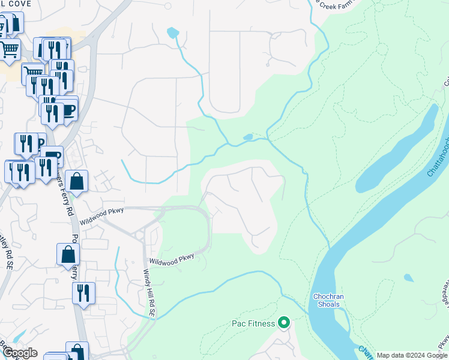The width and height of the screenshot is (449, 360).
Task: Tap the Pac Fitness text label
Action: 253,324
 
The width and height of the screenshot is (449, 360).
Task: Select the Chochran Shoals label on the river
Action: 327,300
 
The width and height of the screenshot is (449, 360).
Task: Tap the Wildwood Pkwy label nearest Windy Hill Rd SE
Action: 172,260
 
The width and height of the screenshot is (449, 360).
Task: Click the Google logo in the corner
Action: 20,353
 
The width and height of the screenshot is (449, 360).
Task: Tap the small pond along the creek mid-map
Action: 248,137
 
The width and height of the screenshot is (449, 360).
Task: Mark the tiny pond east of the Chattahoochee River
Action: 408,278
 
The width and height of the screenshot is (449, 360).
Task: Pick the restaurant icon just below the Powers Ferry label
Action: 83,293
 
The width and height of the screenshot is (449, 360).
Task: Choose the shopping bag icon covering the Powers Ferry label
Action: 68,255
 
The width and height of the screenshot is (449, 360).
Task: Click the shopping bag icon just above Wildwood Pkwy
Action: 77,181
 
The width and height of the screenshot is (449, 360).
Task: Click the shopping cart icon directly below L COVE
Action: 9,49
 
